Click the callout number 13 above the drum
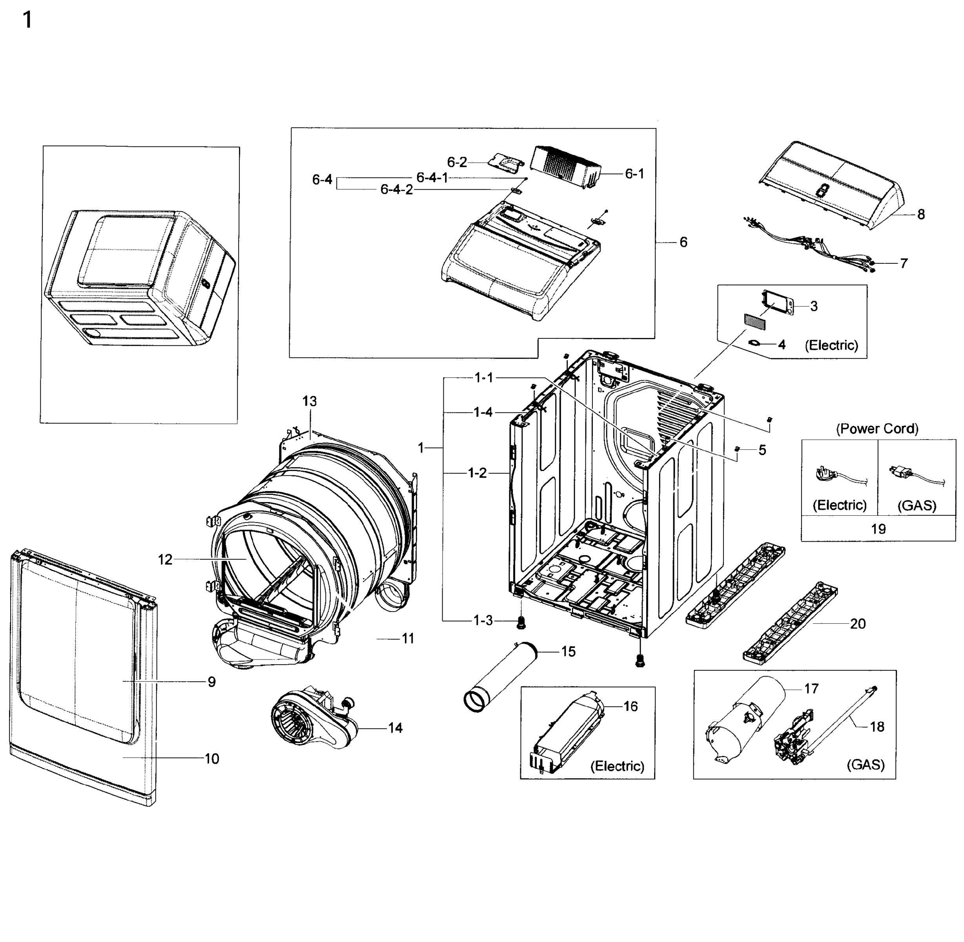pos(310,401)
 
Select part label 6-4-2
pos(396,190)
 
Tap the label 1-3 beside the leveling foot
pos(483,621)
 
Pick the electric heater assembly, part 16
pos(569,732)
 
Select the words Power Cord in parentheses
pos(877,429)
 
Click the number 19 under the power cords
pos(878,529)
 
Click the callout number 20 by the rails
pos(858,623)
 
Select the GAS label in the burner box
pos(865,765)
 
